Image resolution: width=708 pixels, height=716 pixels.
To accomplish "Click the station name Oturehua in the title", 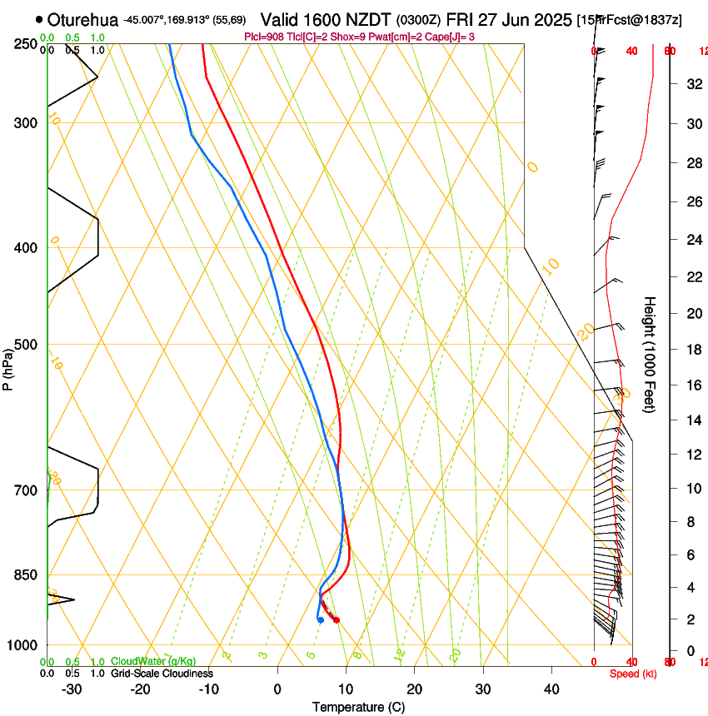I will pyautogui.click(x=83, y=19).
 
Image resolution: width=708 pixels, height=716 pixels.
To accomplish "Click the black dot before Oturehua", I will pyautogui.click(x=39, y=19).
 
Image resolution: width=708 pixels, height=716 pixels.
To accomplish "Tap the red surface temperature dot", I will pyautogui.click(x=336, y=619).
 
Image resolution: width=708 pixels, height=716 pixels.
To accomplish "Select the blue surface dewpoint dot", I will pyautogui.click(x=320, y=619).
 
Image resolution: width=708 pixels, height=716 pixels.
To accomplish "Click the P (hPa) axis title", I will pyautogui.click(x=7, y=367).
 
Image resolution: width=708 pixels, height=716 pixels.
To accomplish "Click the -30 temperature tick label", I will pyautogui.click(x=72, y=689).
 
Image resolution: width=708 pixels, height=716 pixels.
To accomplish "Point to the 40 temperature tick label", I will pyautogui.click(x=551, y=689).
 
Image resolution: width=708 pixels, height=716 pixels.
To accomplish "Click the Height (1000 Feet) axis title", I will pyautogui.click(x=651, y=354).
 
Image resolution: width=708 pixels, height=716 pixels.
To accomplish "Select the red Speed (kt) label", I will pyautogui.click(x=632, y=673).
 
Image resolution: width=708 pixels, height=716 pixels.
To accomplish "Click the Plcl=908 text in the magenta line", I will pyautogui.click(x=263, y=37).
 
